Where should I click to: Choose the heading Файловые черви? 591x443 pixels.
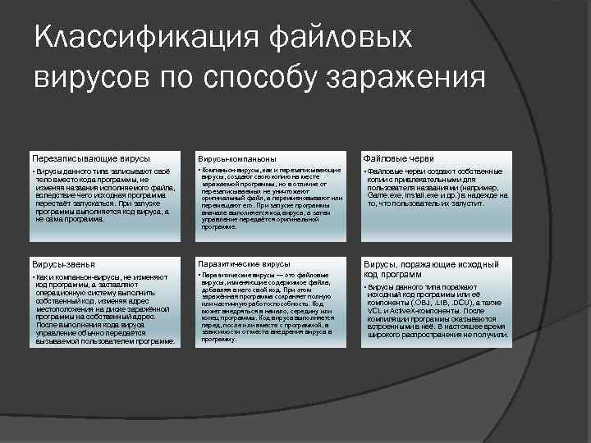click(x=397, y=158)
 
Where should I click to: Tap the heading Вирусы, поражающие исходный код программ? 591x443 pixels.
click(x=431, y=270)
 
